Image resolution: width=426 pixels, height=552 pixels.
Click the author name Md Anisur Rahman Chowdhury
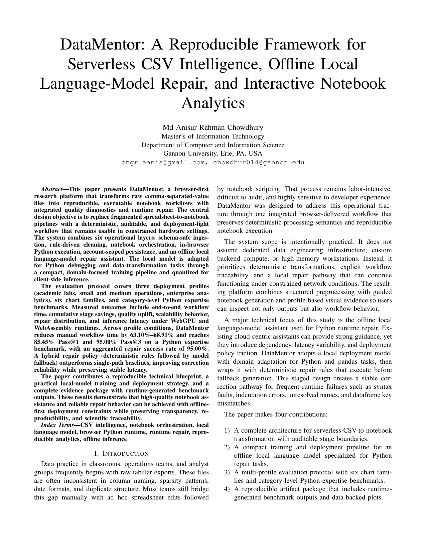pos(213,127)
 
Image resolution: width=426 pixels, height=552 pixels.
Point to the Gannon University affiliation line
pos(213,154)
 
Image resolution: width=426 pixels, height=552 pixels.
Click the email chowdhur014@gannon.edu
pos(259,163)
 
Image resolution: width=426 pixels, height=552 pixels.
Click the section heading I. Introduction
pos(121,454)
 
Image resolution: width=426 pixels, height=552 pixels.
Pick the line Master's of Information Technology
pos(213,136)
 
